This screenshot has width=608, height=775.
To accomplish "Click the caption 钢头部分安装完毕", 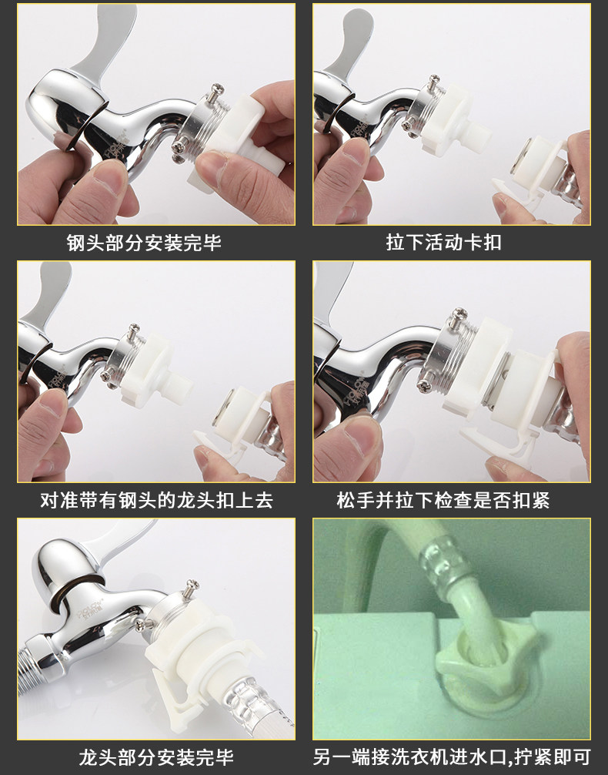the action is (144, 243).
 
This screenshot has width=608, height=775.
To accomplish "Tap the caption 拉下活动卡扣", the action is (443, 243).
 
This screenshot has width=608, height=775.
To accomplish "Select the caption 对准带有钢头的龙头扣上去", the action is (156, 500).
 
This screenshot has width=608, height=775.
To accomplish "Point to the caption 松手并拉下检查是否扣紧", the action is (443, 500).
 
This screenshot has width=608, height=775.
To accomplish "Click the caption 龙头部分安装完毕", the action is (156, 757).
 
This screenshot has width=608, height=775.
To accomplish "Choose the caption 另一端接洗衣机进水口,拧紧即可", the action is (452, 757).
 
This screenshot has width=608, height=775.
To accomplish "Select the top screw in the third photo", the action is (133, 330).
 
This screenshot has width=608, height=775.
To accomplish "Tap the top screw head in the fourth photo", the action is (459, 313).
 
